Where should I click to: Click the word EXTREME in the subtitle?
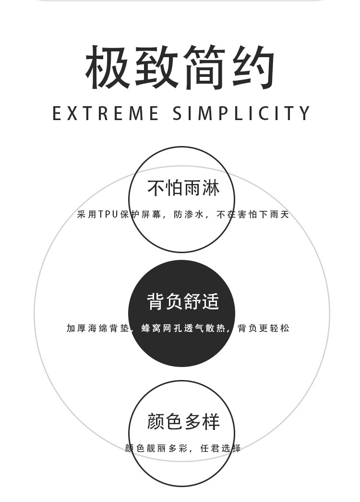[106, 113]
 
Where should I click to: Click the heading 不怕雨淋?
[183, 188]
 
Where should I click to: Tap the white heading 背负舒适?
[183, 302]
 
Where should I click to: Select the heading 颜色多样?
[183, 421]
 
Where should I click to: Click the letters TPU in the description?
[108, 214]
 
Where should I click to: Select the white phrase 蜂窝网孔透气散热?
[183, 329]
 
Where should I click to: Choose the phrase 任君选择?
[220, 448]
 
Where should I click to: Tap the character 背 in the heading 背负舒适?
[156, 302]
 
